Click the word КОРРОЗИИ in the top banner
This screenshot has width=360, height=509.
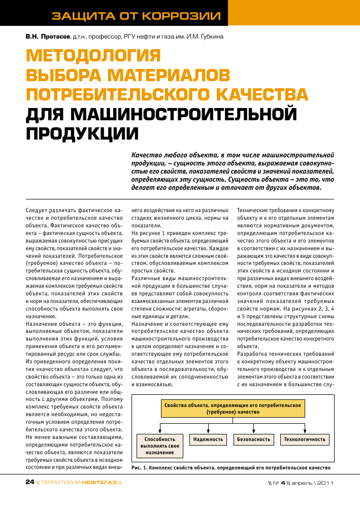click(183, 16)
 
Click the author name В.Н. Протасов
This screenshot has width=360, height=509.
click(48, 37)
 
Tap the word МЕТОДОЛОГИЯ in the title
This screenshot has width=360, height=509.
click(93, 55)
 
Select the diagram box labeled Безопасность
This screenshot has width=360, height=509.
click(253, 439)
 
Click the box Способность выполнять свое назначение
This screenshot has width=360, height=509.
click(159, 446)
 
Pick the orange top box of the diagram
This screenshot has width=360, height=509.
click(232, 409)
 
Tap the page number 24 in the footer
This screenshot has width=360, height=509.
click(30, 482)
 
